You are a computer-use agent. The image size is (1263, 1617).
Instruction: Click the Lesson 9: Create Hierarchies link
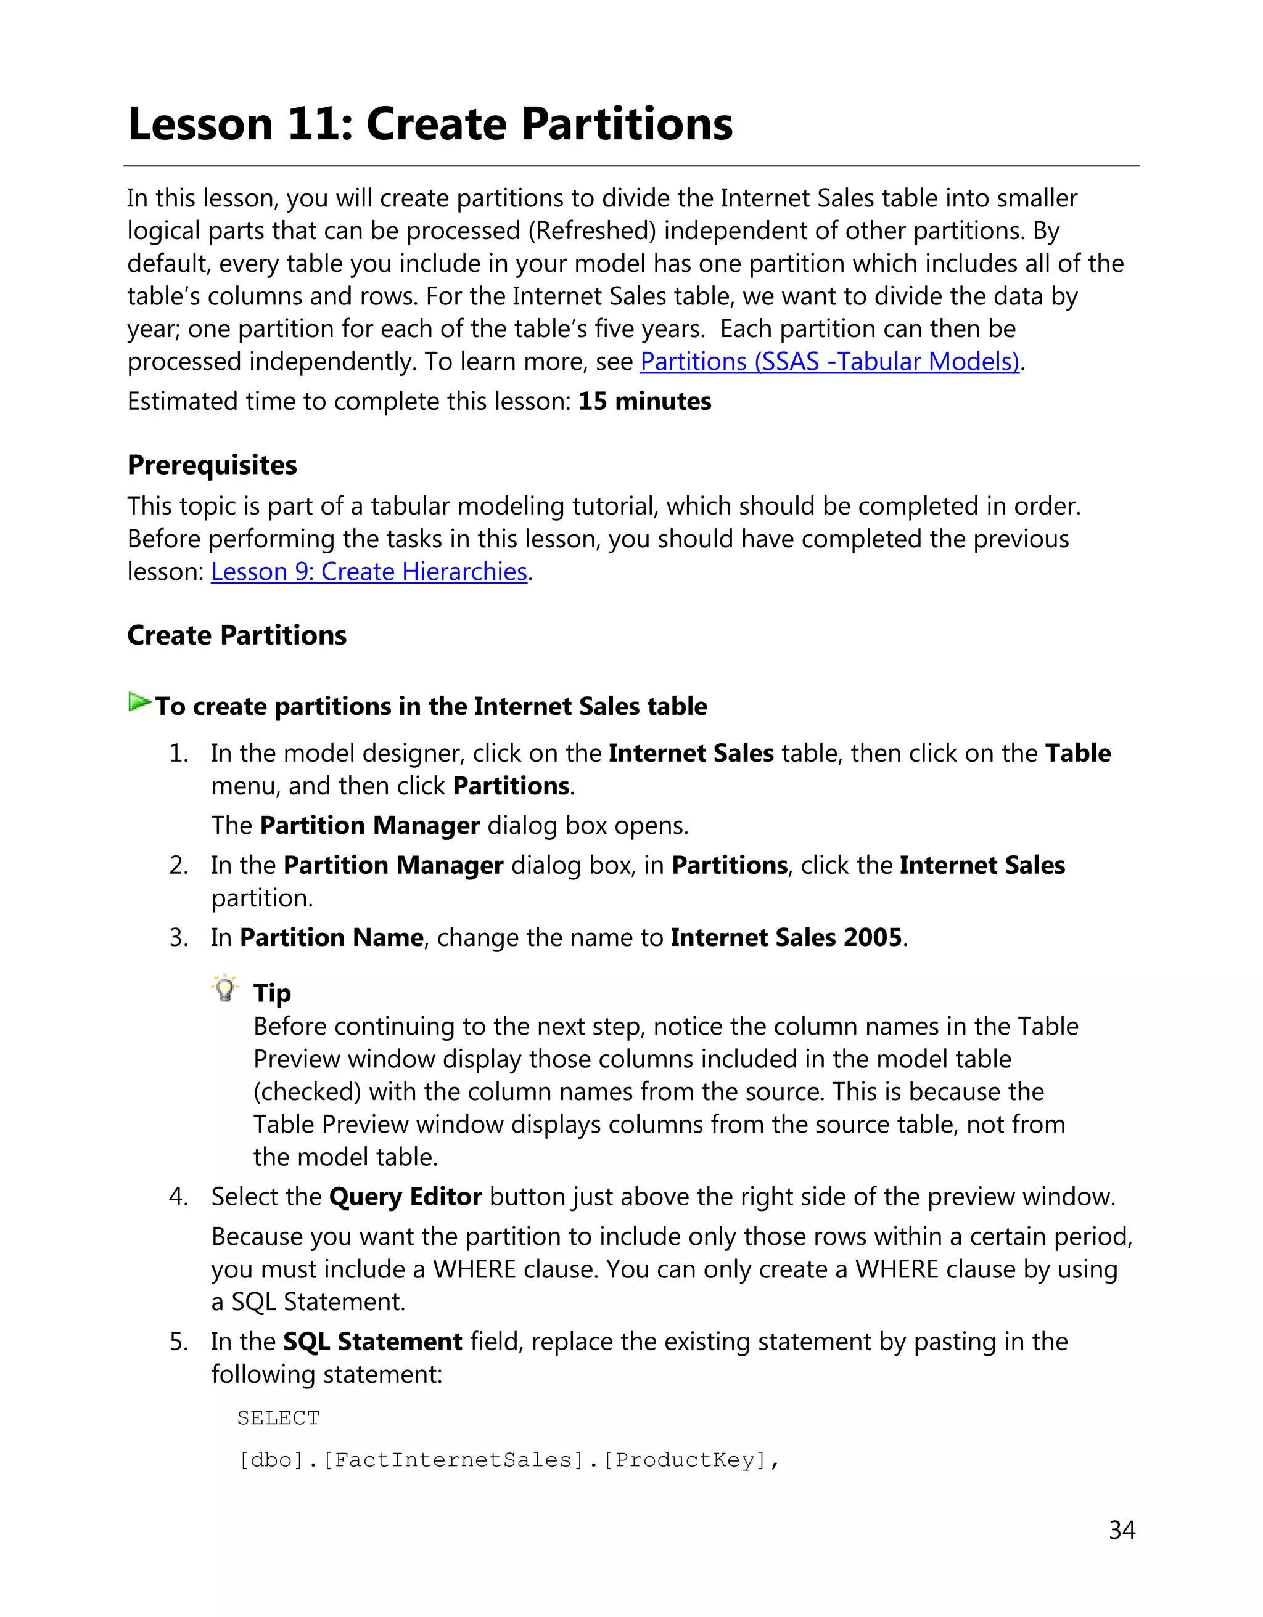coord(369,572)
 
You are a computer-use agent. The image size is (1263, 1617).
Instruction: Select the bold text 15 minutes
coord(644,401)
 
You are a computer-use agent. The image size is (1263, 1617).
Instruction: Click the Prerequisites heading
coord(212,465)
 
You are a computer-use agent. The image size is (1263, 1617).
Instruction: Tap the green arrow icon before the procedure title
coord(139,702)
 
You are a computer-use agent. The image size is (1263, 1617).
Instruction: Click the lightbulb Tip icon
coord(224,988)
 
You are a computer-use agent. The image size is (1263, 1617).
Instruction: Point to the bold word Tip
coord(272,993)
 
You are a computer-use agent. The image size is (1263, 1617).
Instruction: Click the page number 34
coord(1122,1529)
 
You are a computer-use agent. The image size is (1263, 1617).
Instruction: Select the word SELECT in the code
coord(279,1418)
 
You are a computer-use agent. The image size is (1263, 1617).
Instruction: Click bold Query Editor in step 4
coord(405,1197)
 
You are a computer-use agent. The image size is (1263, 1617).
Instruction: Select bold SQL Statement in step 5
coord(372,1342)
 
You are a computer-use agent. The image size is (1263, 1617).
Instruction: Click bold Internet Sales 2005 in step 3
coord(786,937)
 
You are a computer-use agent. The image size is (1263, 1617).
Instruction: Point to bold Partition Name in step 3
coord(331,937)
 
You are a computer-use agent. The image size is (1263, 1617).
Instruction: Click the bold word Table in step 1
coord(1077,753)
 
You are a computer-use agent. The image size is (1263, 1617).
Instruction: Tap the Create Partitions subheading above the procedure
coord(236,635)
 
